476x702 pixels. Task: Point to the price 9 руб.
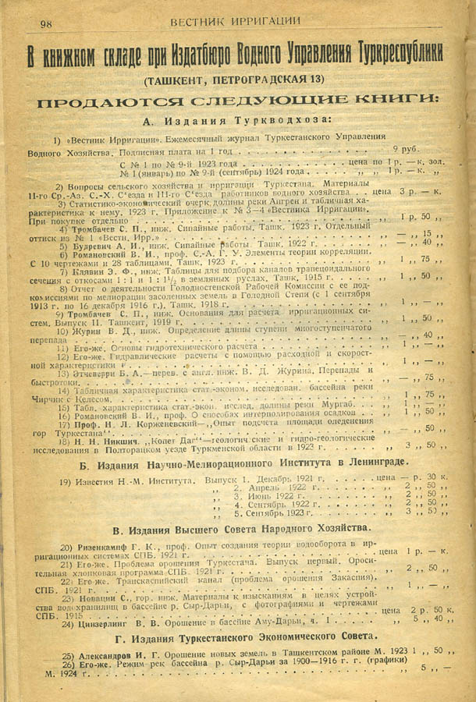click(405, 148)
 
